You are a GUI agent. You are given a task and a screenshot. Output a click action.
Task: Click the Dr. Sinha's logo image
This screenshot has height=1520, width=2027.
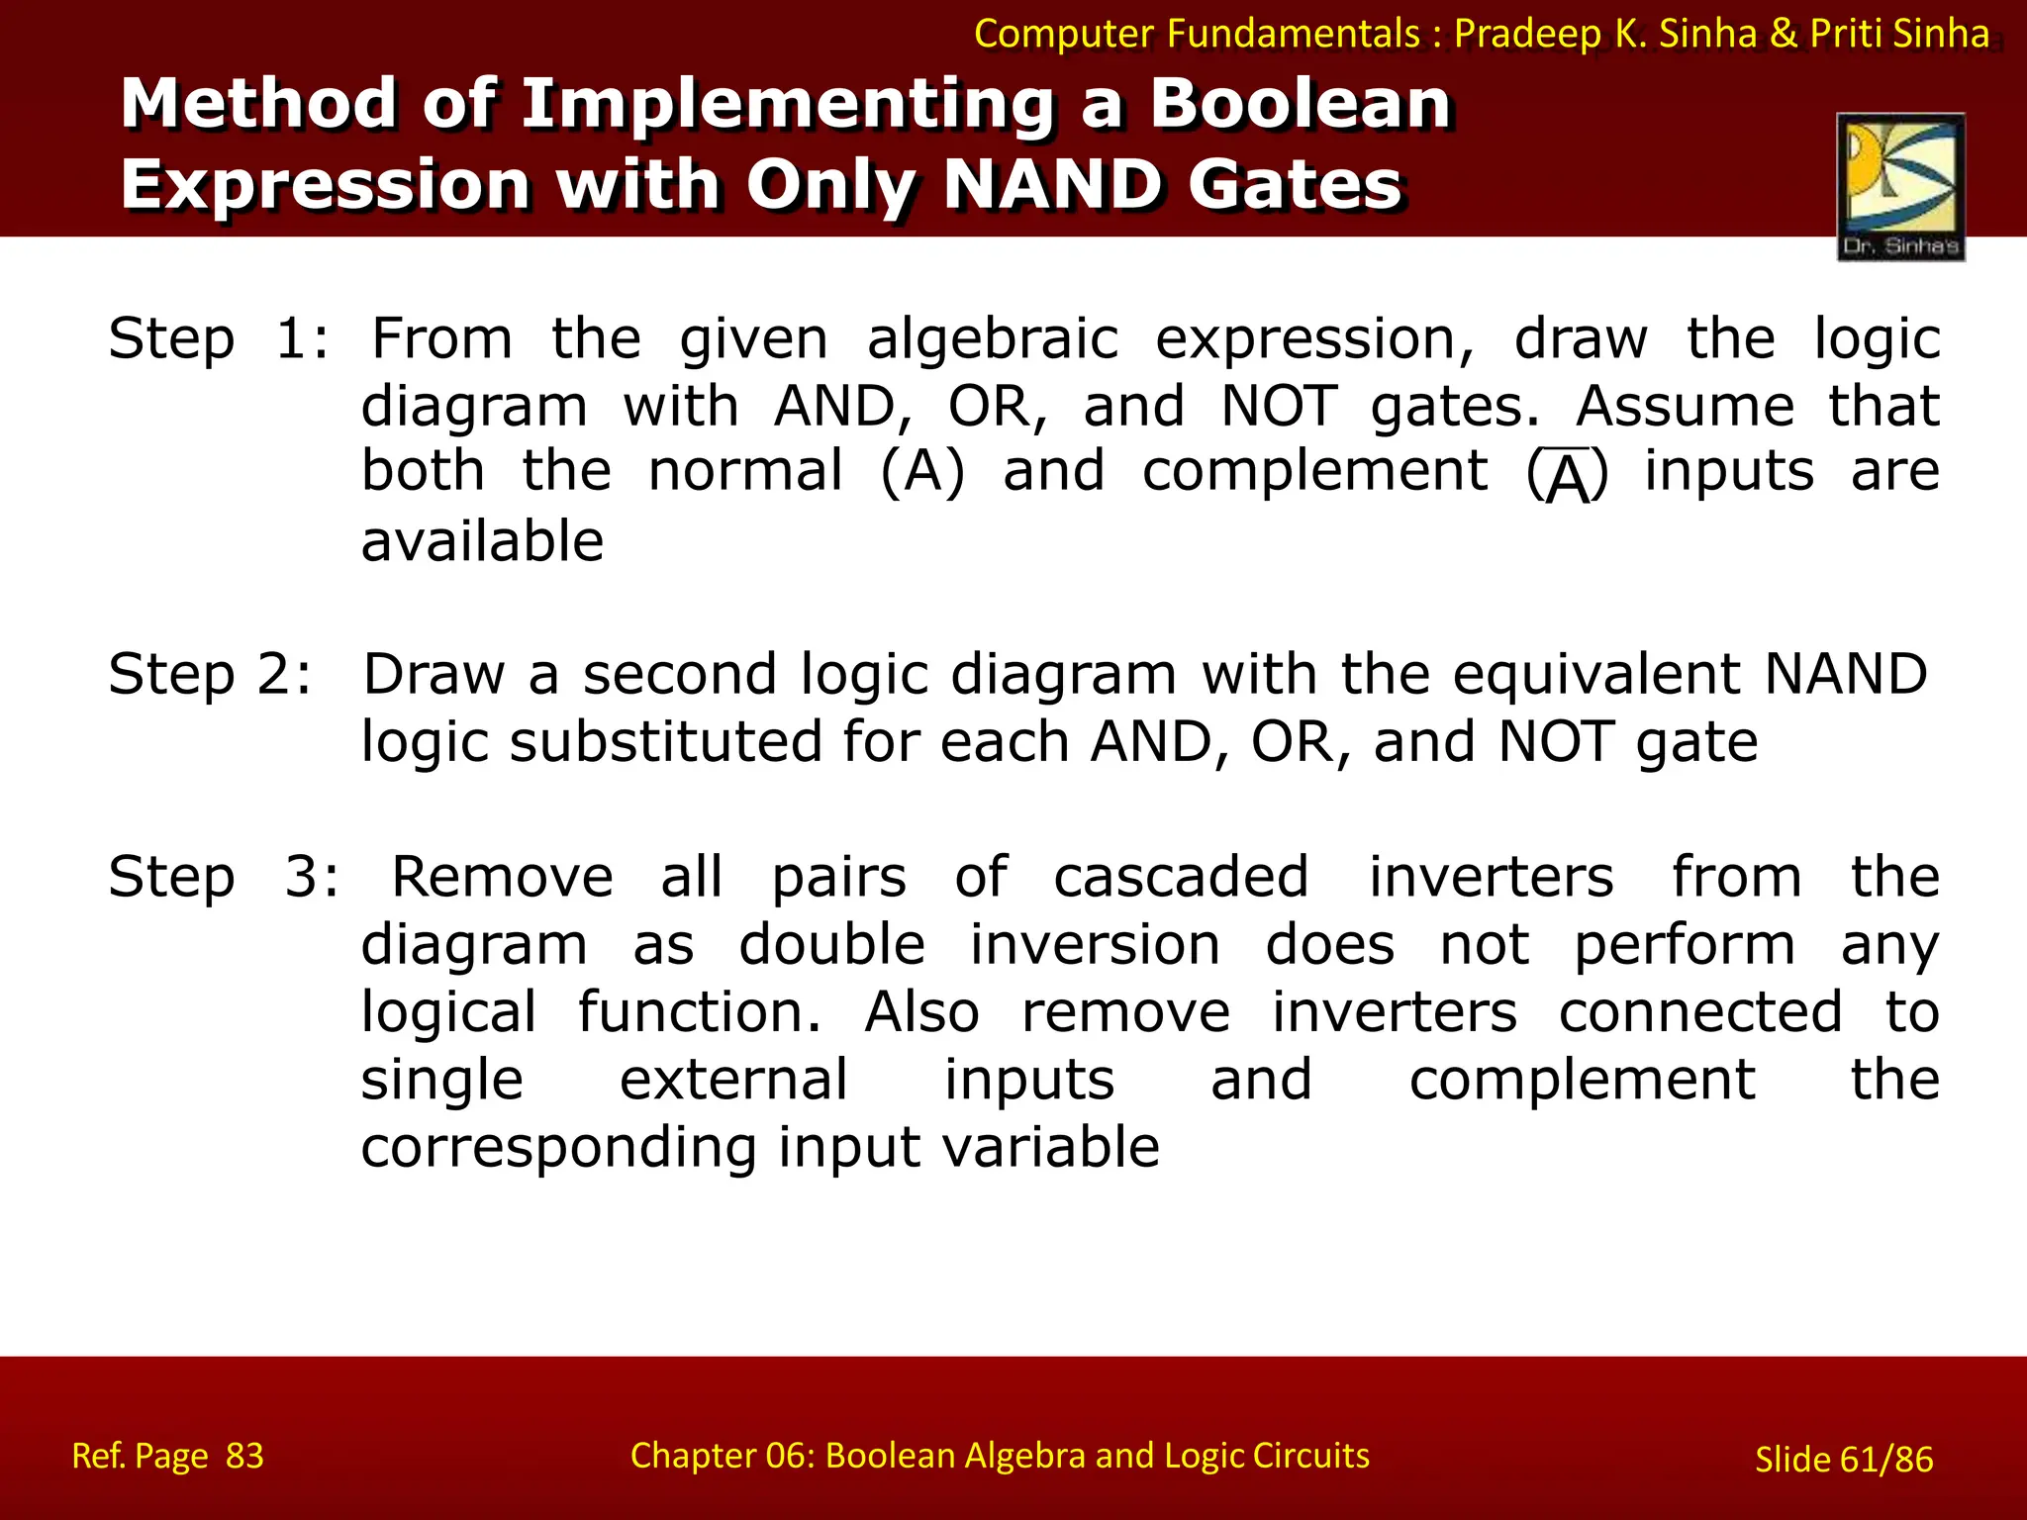click(1900, 186)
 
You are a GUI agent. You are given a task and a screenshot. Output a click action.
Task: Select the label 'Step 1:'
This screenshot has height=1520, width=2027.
click(218, 339)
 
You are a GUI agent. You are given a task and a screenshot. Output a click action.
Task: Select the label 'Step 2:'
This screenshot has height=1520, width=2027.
click(210, 675)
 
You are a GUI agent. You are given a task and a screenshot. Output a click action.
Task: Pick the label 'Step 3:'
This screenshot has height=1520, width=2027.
click(223, 877)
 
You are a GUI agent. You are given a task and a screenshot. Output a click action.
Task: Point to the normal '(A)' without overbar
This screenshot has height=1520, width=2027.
click(921, 471)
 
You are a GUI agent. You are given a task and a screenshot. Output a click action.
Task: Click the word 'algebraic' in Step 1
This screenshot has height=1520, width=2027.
click(993, 339)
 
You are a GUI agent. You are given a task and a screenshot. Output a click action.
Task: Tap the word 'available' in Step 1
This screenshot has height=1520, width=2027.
click(482, 541)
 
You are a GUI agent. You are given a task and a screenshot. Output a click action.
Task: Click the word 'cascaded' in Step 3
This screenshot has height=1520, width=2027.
click(1181, 877)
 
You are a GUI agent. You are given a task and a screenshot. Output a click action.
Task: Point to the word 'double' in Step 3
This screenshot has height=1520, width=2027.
click(831, 944)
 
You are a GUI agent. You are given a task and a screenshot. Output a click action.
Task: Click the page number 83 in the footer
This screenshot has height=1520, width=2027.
click(244, 1456)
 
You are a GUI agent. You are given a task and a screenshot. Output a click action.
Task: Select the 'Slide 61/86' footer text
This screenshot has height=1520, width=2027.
click(1843, 1460)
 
